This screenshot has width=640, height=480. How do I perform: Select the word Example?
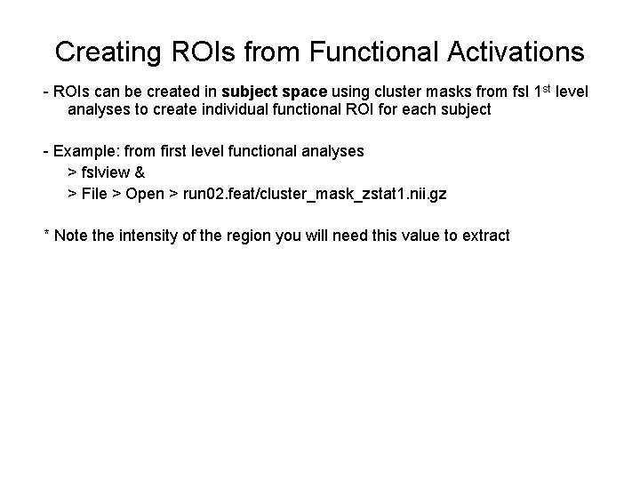(83, 151)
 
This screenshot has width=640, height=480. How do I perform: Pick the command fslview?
(105, 172)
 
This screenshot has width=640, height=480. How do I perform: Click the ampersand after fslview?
(140, 172)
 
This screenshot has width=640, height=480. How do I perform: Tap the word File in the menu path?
(93, 193)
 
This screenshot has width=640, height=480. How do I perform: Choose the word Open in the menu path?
(145, 193)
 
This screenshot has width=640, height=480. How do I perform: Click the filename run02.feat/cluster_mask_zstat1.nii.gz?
(314, 193)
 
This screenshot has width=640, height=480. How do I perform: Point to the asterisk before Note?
(46, 235)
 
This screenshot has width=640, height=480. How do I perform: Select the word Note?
(71, 235)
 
